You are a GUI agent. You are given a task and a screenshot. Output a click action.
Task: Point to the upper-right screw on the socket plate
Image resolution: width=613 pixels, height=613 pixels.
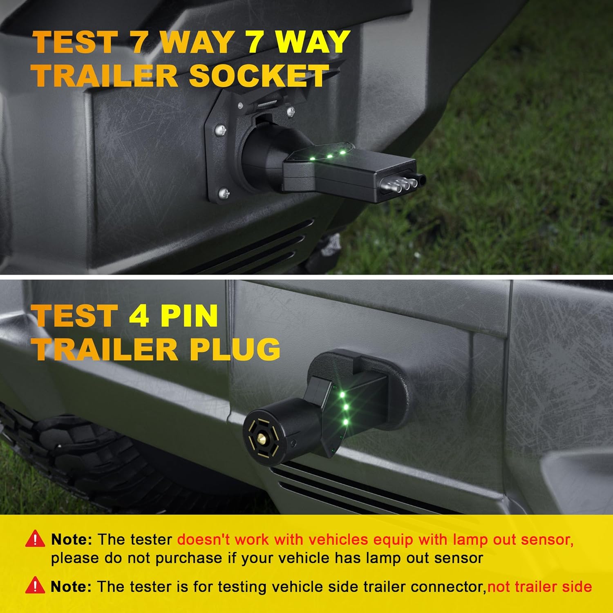click(291, 111)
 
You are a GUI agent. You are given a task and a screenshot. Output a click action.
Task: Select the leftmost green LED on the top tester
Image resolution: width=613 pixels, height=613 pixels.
click(312, 158)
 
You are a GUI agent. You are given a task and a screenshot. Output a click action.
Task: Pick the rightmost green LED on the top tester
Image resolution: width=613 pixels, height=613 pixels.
click(342, 152)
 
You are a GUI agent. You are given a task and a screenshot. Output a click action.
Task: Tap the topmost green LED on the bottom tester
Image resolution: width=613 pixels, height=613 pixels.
click(342, 394)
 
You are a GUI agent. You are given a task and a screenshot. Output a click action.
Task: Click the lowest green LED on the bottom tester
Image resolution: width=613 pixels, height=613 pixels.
click(346, 422)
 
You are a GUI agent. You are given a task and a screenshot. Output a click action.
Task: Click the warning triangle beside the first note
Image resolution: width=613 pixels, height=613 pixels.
click(35, 539)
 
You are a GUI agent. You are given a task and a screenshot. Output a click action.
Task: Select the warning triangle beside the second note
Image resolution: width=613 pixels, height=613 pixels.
click(35, 586)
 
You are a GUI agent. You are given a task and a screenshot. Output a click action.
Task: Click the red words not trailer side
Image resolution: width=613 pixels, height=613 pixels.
click(539, 587)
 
